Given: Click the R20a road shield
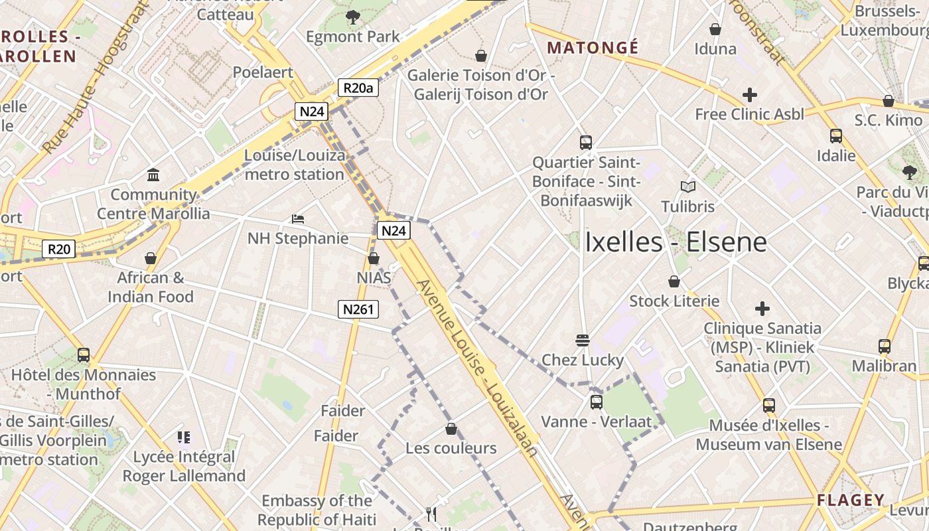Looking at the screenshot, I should click(x=358, y=88).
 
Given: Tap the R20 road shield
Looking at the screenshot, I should click(x=59, y=250).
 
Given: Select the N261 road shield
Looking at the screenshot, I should click(x=358, y=309).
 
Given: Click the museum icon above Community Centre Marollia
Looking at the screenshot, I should click(x=154, y=175).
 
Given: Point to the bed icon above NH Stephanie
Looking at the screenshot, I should click(x=298, y=218).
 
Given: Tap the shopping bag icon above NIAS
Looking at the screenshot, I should click(x=374, y=258).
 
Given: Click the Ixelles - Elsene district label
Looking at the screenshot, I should click(x=676, y=242).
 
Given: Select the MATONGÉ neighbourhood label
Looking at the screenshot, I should click(x=593, y=48).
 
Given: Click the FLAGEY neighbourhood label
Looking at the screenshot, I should click(x=851, y=500).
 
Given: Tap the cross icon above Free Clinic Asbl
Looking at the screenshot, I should click(x=750, y=95).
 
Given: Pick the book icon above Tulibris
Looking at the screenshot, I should click(x=688, y=187).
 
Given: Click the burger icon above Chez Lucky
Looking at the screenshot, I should click(x=583, y=341).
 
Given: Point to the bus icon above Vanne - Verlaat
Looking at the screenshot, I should click(x=597, y=402).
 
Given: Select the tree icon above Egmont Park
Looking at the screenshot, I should click(x=353, y=17).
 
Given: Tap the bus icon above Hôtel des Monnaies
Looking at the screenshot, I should click(x=84, y=355).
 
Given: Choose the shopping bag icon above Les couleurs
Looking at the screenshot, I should click(x=451, y=429).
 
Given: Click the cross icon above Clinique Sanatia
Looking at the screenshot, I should click(x=762, y=309).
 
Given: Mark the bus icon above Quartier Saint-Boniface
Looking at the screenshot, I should click(x=586, y=142).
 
